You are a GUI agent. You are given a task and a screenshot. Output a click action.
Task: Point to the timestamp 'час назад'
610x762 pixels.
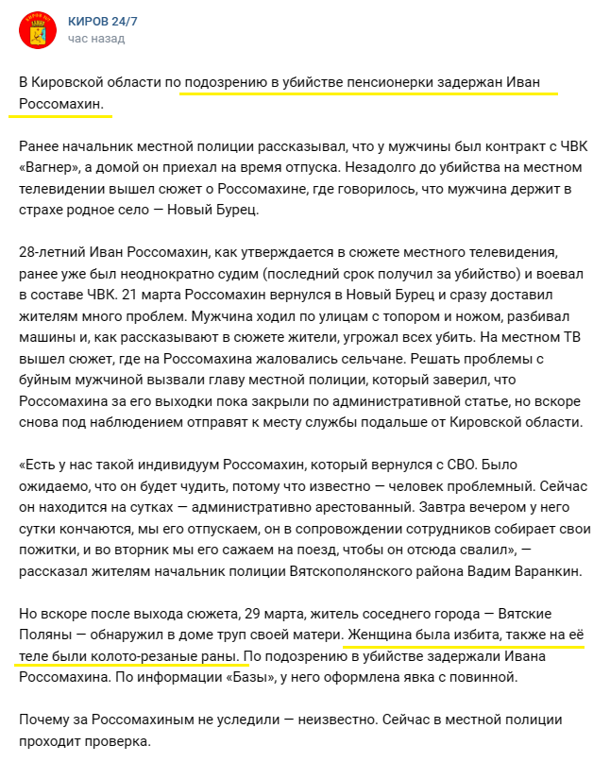point(95,39)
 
